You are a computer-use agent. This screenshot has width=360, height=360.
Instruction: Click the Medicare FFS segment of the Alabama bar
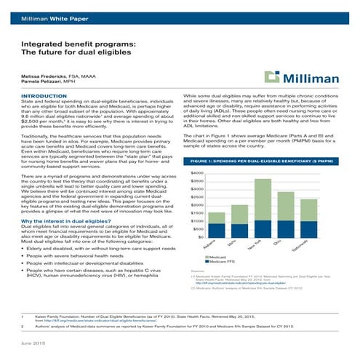[217, 231]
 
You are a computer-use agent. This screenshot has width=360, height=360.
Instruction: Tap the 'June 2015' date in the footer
[34, 342]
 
